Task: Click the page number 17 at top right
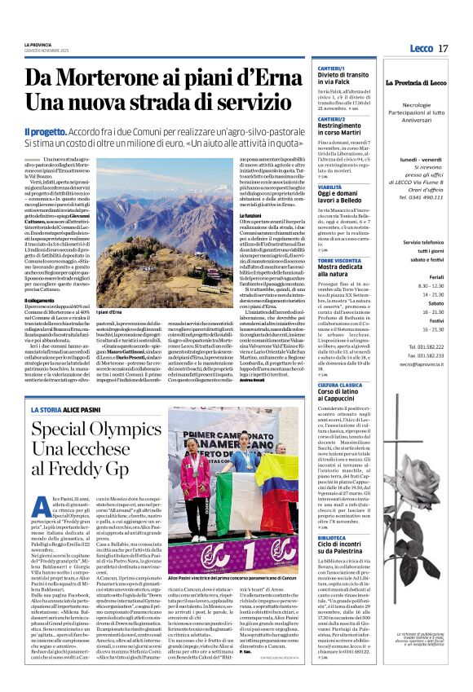[x=442, y=48]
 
